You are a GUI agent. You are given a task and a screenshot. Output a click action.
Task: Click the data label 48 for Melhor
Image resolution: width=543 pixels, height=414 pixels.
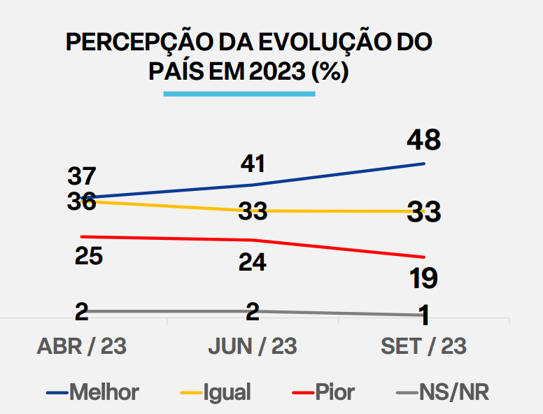tap(424, 140)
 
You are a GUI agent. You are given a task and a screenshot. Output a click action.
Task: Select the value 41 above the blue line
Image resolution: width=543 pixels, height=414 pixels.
tap(253, 164)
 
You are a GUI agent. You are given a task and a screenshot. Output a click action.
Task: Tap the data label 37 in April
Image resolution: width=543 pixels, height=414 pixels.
tap(82, 176)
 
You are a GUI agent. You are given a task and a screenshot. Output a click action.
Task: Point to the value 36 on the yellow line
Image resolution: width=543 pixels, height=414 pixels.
tap(82, 201)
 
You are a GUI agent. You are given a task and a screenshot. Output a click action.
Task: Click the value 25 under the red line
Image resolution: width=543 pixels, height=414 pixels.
tap(88, 256)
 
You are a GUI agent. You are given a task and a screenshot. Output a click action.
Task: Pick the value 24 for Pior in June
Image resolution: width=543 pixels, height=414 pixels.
tap(253, 262)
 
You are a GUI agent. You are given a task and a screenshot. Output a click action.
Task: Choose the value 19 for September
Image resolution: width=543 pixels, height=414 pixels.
tap(424, 278)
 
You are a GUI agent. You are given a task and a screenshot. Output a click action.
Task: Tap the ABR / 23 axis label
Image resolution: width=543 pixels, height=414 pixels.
tap(82, 346)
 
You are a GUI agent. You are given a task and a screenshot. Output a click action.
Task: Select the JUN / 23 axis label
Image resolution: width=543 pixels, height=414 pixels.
tap(253, 346)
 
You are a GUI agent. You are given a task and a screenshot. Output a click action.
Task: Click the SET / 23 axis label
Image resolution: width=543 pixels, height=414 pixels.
tap(424, 346)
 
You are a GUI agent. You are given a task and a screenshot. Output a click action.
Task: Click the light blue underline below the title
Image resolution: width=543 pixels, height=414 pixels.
tap(239, 93)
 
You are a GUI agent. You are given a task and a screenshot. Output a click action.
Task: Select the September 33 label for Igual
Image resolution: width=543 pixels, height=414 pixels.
tap(424, 210)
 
